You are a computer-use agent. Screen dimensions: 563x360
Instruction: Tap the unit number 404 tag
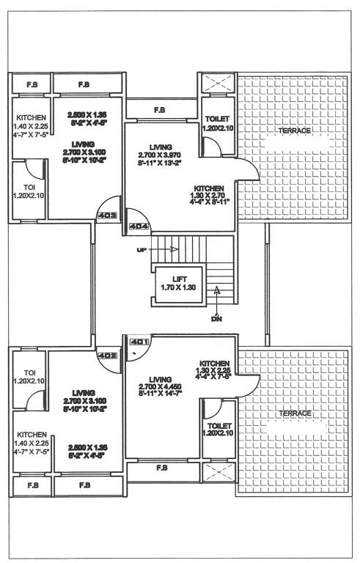coord(139,227)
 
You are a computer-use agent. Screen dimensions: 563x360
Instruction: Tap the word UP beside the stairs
coord(141,250)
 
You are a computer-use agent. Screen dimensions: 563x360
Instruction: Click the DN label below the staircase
coord(216,320)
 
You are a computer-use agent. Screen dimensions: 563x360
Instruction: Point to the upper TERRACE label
coord(294,130)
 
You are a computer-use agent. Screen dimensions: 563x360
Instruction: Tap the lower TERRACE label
coord(294,413)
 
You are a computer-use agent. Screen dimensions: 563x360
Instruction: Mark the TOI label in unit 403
coord(29,191)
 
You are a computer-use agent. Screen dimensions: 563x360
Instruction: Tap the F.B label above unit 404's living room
coord(159,111)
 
